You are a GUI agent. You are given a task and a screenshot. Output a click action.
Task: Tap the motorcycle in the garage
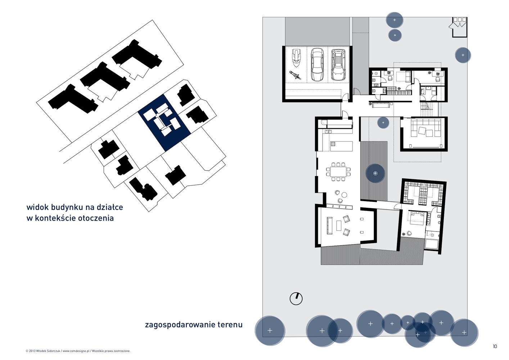pyautogui.click(x=295, y=75)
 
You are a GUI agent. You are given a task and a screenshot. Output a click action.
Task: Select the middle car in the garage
pyautogui.click(x=317, y=64)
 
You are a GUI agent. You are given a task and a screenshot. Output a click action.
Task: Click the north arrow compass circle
pyautogui.click(x=296, y=298)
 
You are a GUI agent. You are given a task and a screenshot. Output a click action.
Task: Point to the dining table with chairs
pyautogui.click(x=338, y=172)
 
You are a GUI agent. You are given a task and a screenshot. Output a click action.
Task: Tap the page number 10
pyautogui.click(x=495, y=346)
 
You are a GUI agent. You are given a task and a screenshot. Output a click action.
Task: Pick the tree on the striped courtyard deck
pyautogui.click(x=375, y=174)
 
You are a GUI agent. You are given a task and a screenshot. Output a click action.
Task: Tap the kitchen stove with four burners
pyautogui.click(x=333, y=144)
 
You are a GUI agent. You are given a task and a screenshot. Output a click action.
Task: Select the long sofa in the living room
pyautogui.click(x=330, y=225)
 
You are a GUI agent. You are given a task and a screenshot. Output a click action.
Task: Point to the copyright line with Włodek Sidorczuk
pyautogui.click(x=78, y=351)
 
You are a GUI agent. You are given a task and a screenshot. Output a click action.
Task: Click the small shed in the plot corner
pyautogui.click(x=459, y=27)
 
